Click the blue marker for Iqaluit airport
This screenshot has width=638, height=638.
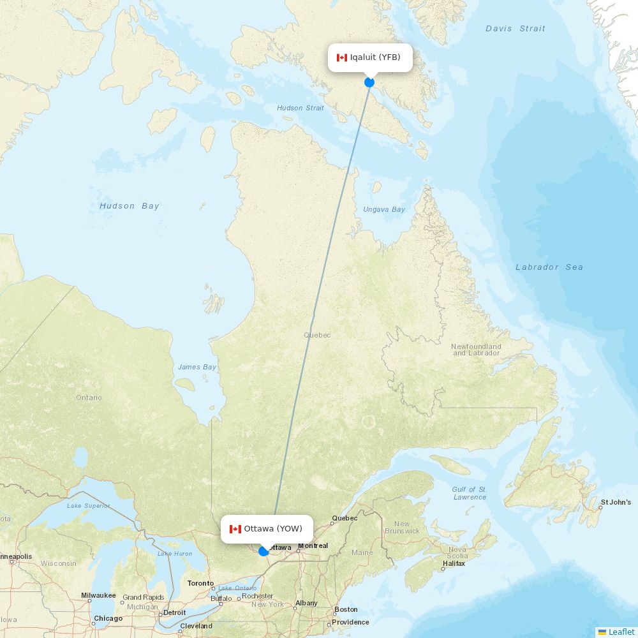(x=369, y=82)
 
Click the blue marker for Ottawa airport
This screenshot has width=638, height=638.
(x=263, y=551)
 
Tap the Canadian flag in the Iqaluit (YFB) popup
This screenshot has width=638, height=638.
(x=342, y=58)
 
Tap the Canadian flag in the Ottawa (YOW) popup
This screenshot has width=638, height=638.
(x=235, y=529)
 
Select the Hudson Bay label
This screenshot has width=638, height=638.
(x=130, y=206)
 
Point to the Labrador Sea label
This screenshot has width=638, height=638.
(x=549, y=267)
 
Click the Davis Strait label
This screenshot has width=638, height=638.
(x=515, y=29)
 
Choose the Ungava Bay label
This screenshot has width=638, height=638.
(x=384, y=210)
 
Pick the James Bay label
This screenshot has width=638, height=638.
(x=197, y=367)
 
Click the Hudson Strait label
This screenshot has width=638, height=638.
(x=300, y=108)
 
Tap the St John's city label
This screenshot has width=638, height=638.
(x=616, y=503)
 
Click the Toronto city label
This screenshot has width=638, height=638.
(x=200, y=583)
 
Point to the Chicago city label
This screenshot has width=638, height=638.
(x=108, y=619)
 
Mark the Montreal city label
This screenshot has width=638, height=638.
(x=313, y=545)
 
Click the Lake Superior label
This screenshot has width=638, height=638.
(x=88, y=506)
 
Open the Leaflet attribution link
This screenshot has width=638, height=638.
(x=621, y=632)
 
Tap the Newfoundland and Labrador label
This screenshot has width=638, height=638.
(x=476, y=350)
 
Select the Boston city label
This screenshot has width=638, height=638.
(x=346, y=609)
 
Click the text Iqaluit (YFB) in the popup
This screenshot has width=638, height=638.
(x=375, y=57)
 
